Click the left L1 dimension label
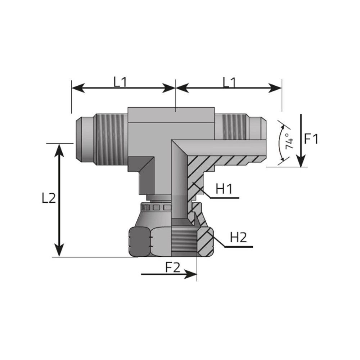point(120,82)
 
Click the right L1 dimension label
point(229,82)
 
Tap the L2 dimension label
point(49,198)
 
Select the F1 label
point(311,139)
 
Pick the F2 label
point(173,267)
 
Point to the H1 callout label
point(224,189)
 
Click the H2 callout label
point(238,237)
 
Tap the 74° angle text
point(289,141)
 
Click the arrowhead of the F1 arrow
point(301,161)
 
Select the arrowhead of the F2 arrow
point(190,274)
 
